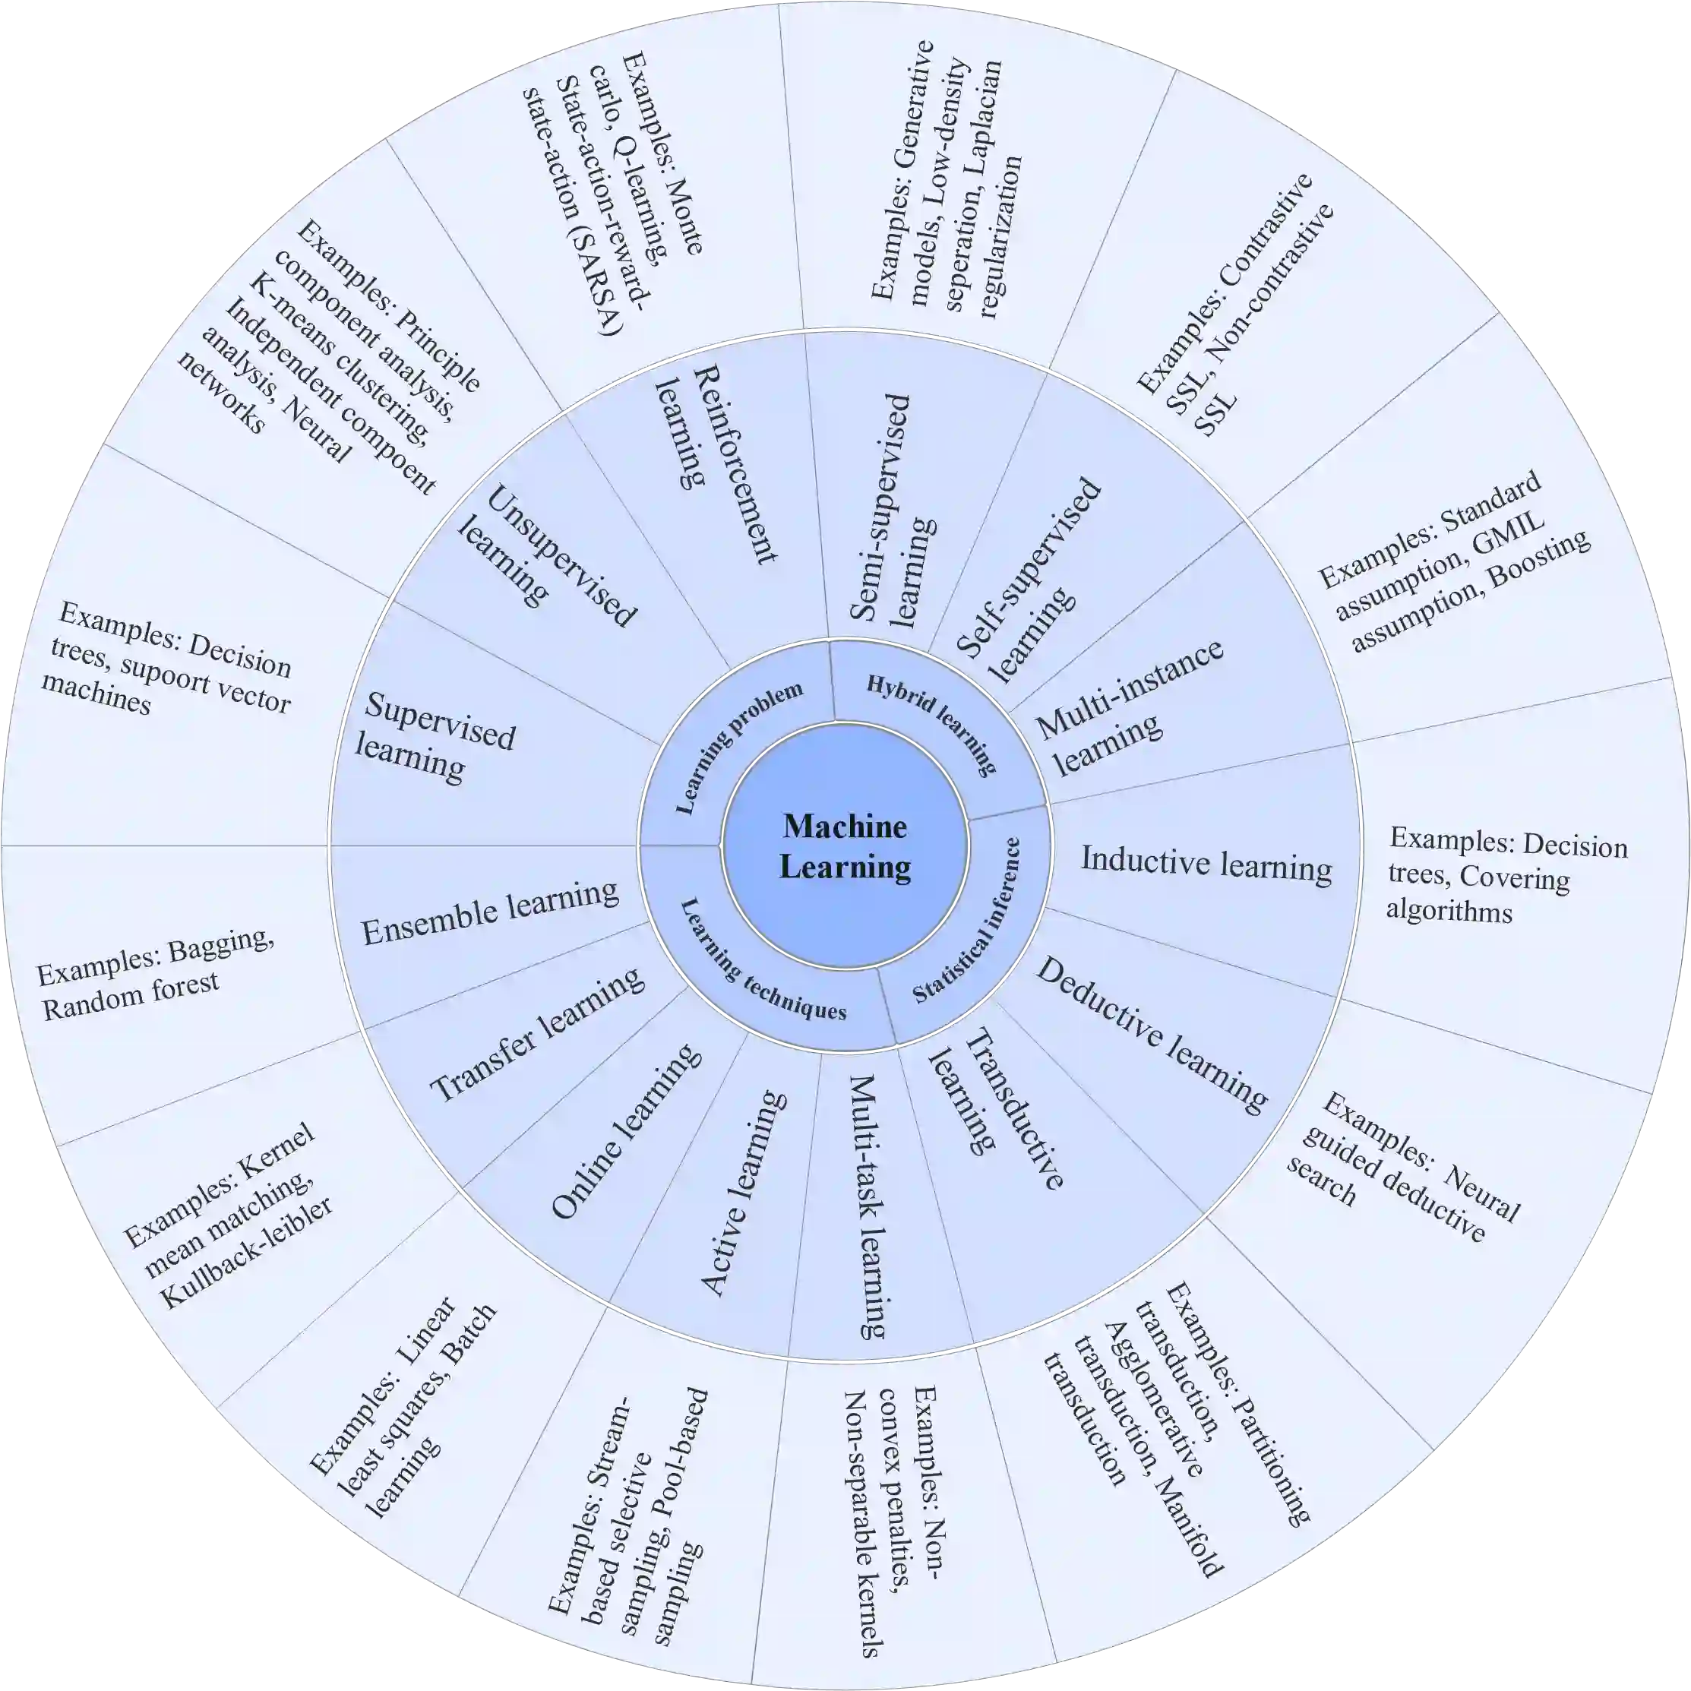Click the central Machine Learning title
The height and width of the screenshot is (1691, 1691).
pos(845,846)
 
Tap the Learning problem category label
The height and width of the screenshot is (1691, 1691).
pos(740,746)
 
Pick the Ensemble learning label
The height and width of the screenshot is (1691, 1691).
pos(490,913)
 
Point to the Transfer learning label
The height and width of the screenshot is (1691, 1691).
pos(536,1035)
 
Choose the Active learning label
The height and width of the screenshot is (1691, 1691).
pos(742,1193)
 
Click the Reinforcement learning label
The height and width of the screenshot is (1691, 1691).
pos(715,465)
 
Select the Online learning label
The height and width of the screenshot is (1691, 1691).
pos(626,1132)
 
